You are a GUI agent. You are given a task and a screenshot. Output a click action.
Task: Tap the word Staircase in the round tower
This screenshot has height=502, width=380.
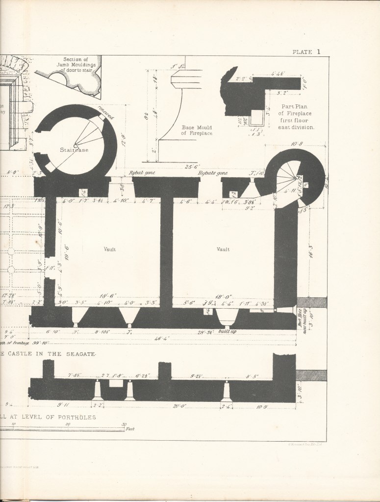coord(74,150)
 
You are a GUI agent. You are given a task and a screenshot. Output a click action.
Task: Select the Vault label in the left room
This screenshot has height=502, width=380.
coord(109,249)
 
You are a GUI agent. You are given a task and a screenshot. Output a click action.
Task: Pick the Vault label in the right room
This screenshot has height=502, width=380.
coord(223,249)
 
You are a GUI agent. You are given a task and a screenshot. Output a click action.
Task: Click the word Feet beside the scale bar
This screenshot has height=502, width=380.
coord(130,429)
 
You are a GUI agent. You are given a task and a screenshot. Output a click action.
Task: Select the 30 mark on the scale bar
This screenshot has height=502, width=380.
coord(124,424)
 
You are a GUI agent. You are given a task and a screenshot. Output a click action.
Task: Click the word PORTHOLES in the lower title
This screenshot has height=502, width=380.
coord(73,417)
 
